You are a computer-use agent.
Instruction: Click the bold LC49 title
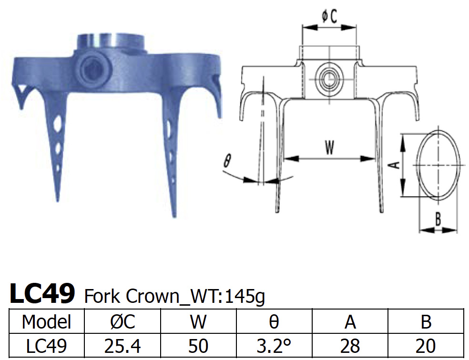click(42, 293)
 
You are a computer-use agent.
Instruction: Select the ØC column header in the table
click(122, 322)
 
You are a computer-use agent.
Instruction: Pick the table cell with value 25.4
click(122, 346)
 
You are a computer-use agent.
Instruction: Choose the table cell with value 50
click(198, 346)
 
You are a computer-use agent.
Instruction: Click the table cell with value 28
click(350, 346)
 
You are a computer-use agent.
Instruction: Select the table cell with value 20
click(426, 346)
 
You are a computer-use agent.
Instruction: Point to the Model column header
click(46, 322)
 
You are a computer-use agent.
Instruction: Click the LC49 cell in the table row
click(46, 346)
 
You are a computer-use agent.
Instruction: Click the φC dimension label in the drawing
click(329, 17)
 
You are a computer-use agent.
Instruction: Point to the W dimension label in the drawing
click(329, 148)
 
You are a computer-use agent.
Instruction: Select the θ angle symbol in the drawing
click(227, 161)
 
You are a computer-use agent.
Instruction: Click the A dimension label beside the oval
click(394, 165)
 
